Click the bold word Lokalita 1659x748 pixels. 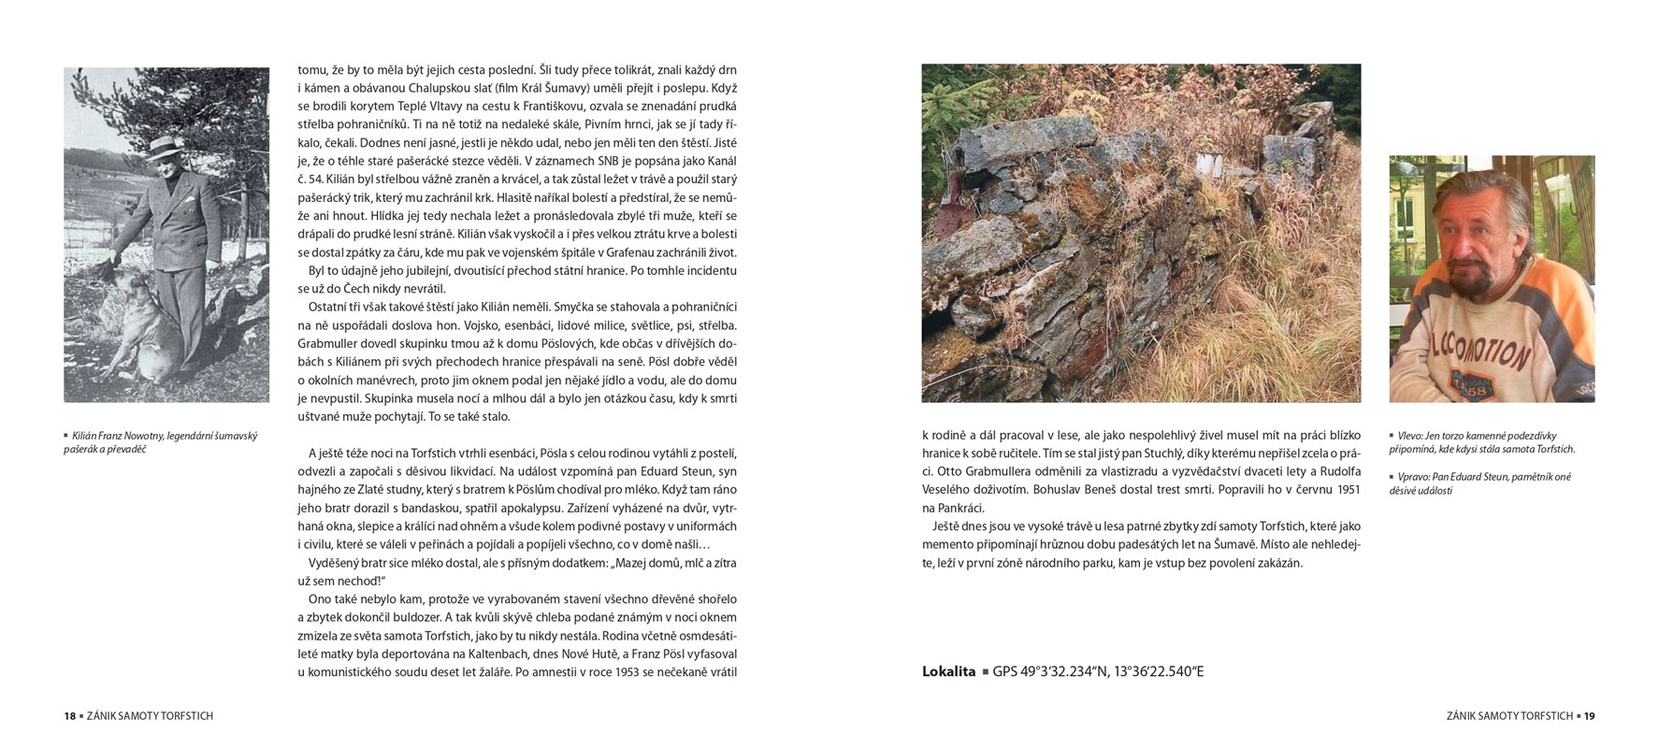pyautogui.click(x=948, y=671)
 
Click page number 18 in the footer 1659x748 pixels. pyautogui.click(x=69, y=716)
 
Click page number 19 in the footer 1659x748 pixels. pyautogui.click(x=1589, y=716)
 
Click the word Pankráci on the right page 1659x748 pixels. pyautogui.click(x=960, y=508)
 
